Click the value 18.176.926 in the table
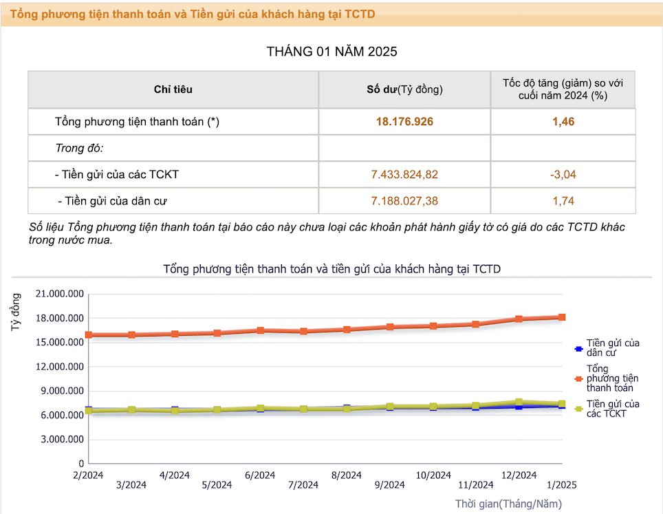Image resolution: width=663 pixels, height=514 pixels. (x=404, y=122)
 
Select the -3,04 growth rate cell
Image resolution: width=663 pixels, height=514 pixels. (x=563, y=174)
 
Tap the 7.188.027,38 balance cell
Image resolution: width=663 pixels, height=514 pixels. (x=404, y=200)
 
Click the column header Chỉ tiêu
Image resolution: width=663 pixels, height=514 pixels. (x=173, y=89)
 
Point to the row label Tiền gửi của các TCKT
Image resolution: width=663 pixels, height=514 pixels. (x=117, y=174)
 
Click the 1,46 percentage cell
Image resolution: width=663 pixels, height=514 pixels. (x=563, y=122)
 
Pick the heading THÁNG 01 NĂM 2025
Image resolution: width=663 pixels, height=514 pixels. (x=332, y=52)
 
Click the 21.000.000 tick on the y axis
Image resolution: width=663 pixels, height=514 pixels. (x=60, y=294)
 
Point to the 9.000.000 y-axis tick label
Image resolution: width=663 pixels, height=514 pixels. (x=62, y=391)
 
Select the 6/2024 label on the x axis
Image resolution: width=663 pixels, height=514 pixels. (x=260, y=475)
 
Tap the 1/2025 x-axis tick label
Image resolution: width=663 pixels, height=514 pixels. (x=561, y=485)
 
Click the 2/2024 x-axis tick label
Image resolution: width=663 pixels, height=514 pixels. (x=88, y=475)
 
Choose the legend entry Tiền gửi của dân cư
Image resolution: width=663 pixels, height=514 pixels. (x=607, y=347)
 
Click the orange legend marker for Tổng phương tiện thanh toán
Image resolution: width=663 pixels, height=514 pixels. (x=579, y=378)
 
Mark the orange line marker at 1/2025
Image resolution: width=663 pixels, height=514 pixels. (x=562, y=317)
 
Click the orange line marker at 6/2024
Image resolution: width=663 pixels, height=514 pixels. (x=261, y=330)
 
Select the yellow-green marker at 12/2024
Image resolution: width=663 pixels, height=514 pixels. (x=519, y=403)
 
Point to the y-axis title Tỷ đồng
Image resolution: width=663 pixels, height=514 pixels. (x=16, y=312)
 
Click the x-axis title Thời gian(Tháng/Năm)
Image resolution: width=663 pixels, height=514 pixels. (x=509, y=504)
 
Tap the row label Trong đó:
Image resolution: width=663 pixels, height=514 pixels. (x=80, y=148)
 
